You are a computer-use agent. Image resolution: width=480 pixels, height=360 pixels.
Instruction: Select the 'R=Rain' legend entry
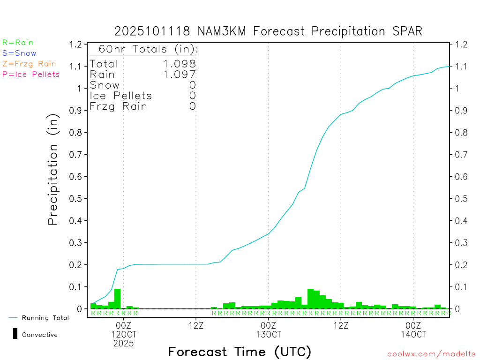click(18, 43)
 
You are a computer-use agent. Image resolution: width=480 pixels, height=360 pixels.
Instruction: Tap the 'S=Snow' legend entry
click(19, 53)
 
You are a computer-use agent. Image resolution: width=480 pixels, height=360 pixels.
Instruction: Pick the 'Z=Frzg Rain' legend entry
click(29, 64)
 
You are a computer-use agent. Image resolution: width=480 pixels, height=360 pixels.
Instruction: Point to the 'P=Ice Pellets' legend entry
click(31, 74)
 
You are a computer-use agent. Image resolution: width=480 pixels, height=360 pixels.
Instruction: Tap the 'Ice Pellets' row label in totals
click(121, 96)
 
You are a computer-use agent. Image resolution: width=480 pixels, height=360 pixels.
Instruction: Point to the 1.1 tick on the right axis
click(458, 67)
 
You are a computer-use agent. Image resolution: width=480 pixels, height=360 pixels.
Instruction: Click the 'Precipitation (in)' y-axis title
click(53, 171)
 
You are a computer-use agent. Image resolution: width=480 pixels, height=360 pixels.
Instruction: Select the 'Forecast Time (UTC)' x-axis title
click(240, 352)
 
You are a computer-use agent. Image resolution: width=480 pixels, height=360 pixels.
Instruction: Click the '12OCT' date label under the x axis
click(123, 335)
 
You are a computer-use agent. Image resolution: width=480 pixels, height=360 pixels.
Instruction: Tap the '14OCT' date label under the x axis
click(413, 335)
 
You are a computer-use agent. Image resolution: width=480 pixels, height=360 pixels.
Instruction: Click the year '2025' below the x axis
click(123, 344)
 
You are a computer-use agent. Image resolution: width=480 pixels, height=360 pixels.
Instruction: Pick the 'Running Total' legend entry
click(45, 318)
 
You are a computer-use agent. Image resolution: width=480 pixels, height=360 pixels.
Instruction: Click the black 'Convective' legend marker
click(15, 334)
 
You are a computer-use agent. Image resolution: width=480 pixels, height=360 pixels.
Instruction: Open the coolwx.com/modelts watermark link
click(431, 354)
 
